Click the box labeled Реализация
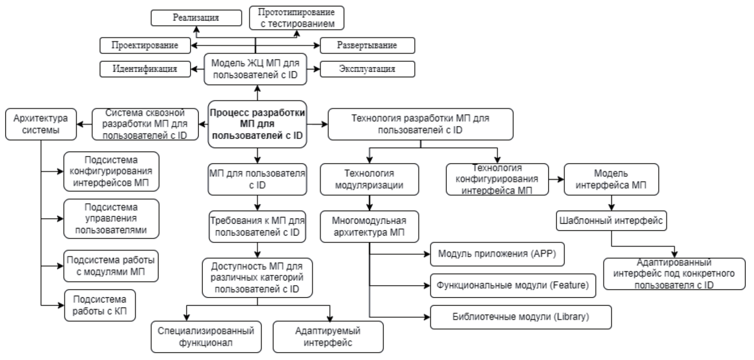point(196,18)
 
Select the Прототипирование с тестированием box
point(297,18)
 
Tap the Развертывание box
point(367,45)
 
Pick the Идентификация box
point(145,69)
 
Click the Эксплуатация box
point(367,69)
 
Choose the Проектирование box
point(145,45)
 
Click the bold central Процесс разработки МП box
point(257,124)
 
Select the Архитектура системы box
point(41,124)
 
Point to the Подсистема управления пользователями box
point(111,219)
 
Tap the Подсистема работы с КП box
point(99,305)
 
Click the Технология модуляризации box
point(369,179)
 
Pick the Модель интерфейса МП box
point(611,179)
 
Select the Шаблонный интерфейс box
point(611,221)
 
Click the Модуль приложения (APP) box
point(497,254)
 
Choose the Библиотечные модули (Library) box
point(521,317)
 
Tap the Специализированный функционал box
point(206,337)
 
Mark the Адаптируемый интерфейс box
point(328,337)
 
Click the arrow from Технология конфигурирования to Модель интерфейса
point(556,179)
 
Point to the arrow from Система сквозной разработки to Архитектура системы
point(84,125)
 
